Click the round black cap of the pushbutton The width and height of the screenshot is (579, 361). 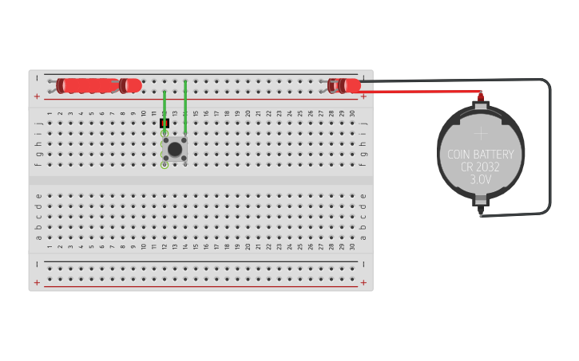174,149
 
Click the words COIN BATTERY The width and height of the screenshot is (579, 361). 480,155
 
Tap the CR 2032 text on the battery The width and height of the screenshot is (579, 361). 480,167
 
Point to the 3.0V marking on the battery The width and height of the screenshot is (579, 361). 480,180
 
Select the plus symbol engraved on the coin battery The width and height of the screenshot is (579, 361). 480,134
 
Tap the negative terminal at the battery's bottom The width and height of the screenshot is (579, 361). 481,212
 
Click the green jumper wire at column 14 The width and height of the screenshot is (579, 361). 185,107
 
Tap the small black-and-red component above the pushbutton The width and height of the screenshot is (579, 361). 165,124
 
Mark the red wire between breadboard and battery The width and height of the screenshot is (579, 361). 423,92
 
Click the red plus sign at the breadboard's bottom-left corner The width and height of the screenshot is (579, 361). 37,282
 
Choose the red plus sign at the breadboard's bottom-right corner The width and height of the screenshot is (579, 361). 363,282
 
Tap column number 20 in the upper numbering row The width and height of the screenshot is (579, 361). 248,113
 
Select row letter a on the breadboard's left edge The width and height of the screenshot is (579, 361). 38,237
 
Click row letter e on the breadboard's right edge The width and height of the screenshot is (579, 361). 363,195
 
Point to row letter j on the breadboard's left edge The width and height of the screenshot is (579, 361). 38,124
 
